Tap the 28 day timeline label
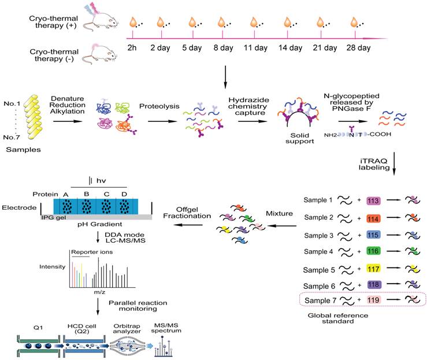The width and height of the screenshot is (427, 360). click(x=359, y=48)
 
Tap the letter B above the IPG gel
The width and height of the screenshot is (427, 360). click(x=87, y=194)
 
